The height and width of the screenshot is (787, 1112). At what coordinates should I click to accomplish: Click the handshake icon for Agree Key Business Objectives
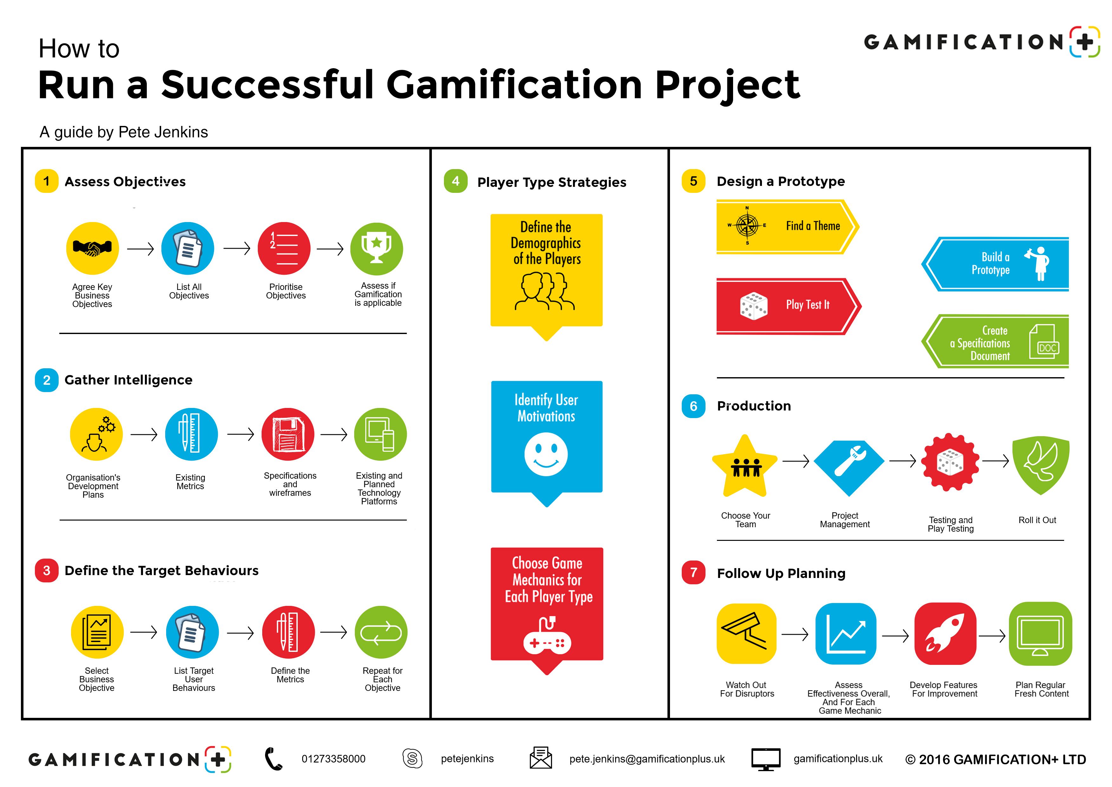[92, 248]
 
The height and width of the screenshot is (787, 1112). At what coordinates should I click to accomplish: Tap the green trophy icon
[376, 248]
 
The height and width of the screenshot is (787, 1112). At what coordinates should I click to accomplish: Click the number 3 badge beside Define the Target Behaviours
[47, 570]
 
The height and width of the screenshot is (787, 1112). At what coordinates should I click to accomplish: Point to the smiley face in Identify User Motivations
[546, 454]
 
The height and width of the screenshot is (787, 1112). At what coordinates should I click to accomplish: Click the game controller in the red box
[547, 637]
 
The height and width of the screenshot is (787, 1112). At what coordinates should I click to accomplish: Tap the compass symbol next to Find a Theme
[747, 225]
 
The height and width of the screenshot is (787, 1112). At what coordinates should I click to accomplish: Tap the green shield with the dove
[1041, 465]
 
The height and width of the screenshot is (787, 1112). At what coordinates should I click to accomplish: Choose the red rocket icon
[945, 633]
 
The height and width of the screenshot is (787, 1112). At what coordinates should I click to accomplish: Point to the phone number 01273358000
[333, 759]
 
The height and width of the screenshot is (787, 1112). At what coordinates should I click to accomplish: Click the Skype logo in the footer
[412, 758]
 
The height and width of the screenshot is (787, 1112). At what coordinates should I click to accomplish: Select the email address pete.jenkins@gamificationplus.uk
[647, 759]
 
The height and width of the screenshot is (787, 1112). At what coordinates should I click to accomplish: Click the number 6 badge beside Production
[693, 406]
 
